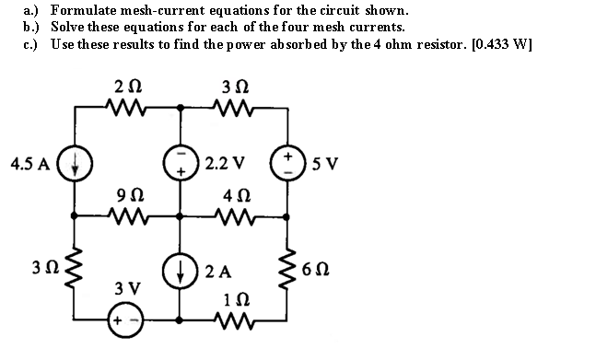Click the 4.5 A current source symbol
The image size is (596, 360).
click(76, 162)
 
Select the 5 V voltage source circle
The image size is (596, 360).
click(286, 162)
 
